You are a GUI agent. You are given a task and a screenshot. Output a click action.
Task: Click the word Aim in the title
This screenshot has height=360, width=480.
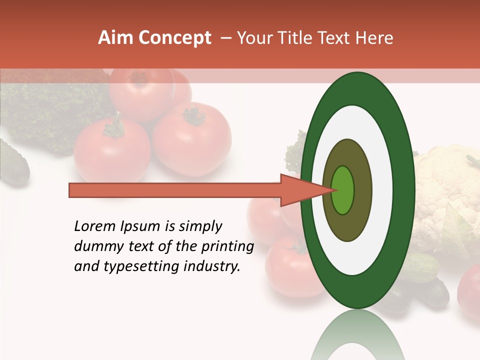point(116,38)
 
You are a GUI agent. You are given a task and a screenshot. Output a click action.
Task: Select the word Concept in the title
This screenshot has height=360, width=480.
point(175,38)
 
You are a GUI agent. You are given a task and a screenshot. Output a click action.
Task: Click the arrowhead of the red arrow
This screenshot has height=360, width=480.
point(300,190)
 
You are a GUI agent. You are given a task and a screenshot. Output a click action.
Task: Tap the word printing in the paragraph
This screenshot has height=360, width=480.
point(227,247)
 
